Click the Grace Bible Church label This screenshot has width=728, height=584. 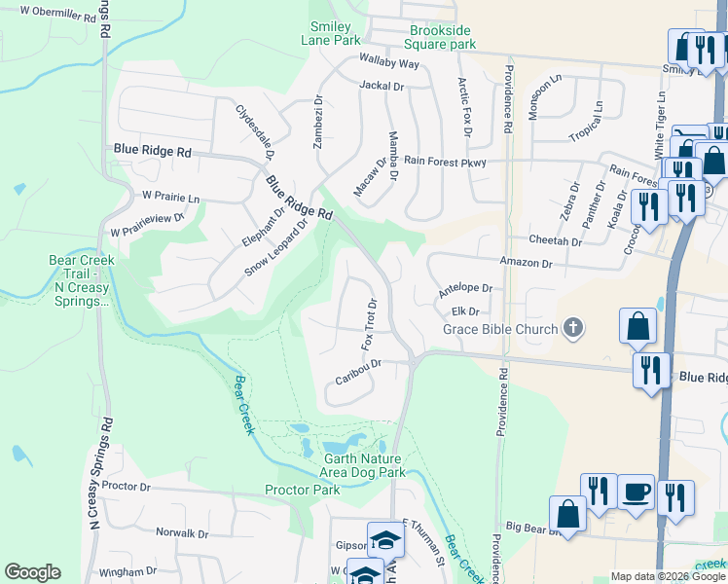pos(500,329)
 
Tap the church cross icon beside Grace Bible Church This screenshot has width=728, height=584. pos(573,328)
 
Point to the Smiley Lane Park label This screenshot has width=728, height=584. pos(336,32)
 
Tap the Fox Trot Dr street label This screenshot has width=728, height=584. pos(370,324)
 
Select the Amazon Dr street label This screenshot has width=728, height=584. pos(526,263)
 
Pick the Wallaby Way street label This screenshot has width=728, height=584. pos(388,63)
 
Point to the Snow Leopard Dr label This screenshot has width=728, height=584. pos(275,246)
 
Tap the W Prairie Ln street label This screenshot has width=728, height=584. pos(170,198)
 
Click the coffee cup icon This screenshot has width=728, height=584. pos(637,494)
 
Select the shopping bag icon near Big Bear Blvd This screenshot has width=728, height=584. pos(567,516)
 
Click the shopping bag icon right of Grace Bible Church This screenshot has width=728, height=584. pos(638,329)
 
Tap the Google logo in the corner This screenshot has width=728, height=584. pos(32,572)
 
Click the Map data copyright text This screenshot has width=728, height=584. pos(668,576)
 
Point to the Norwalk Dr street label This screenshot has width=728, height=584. pos(182,533)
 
